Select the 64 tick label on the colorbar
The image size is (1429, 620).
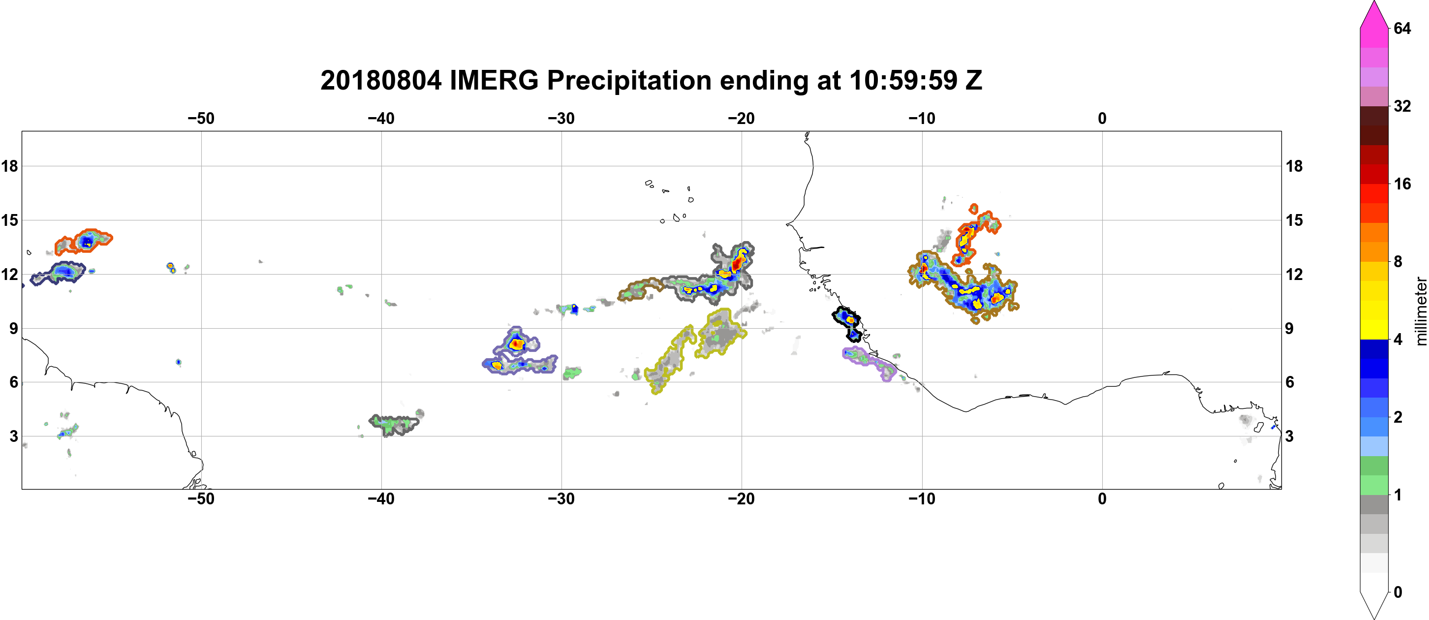tap(1402, 28)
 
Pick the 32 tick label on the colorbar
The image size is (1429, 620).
tap(1402, 106)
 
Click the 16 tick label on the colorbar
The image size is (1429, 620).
tap(1402, 184)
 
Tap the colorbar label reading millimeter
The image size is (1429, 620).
tap(1421, 311)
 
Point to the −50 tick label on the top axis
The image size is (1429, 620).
tap(201, 119)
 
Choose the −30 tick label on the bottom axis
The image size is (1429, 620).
tap(561, 499)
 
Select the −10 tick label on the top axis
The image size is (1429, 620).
tap(922, 119)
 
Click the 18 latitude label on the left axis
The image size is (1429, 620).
tap(10, 166)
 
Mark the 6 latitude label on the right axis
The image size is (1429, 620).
tap(1290, 382)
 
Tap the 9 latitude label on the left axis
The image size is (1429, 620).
tap(13, 328)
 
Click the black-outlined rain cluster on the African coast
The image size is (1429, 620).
tap(847, 323)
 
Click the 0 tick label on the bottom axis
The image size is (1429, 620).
tap(1102, 499)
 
